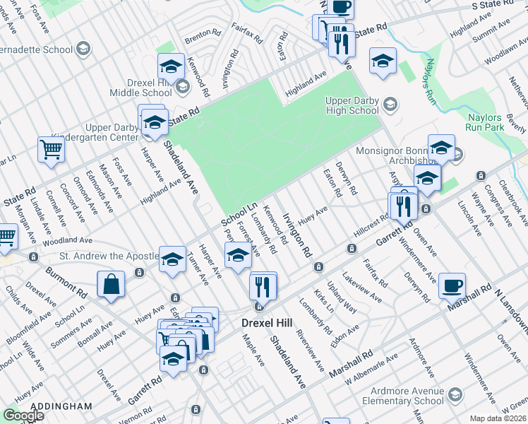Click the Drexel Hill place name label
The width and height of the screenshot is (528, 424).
point(265,323)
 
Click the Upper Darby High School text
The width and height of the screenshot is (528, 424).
point(352,105)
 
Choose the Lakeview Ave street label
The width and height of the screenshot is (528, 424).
point(362,285)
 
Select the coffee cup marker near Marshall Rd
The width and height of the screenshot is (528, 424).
point(452,285)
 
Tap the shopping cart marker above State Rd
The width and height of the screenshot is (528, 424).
point(52,149)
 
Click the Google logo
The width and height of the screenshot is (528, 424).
point(23,415)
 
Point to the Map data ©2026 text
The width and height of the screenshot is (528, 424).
point(498,418)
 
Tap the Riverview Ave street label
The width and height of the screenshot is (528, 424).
point(311,351)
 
